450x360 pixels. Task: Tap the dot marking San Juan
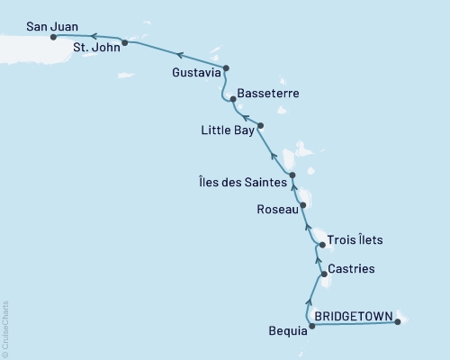point(54,37)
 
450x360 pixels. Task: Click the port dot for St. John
point(124,42)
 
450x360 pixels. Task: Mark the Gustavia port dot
point(226,67)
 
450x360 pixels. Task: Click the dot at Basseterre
point(233,99)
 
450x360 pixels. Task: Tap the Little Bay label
point(227,130)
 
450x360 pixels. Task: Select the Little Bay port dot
point(260,125)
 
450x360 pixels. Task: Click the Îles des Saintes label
point(244,182)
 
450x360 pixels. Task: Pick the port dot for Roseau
point(303,205)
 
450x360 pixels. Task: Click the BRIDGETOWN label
point(353,317)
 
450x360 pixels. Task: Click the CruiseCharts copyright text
point(5,328)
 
